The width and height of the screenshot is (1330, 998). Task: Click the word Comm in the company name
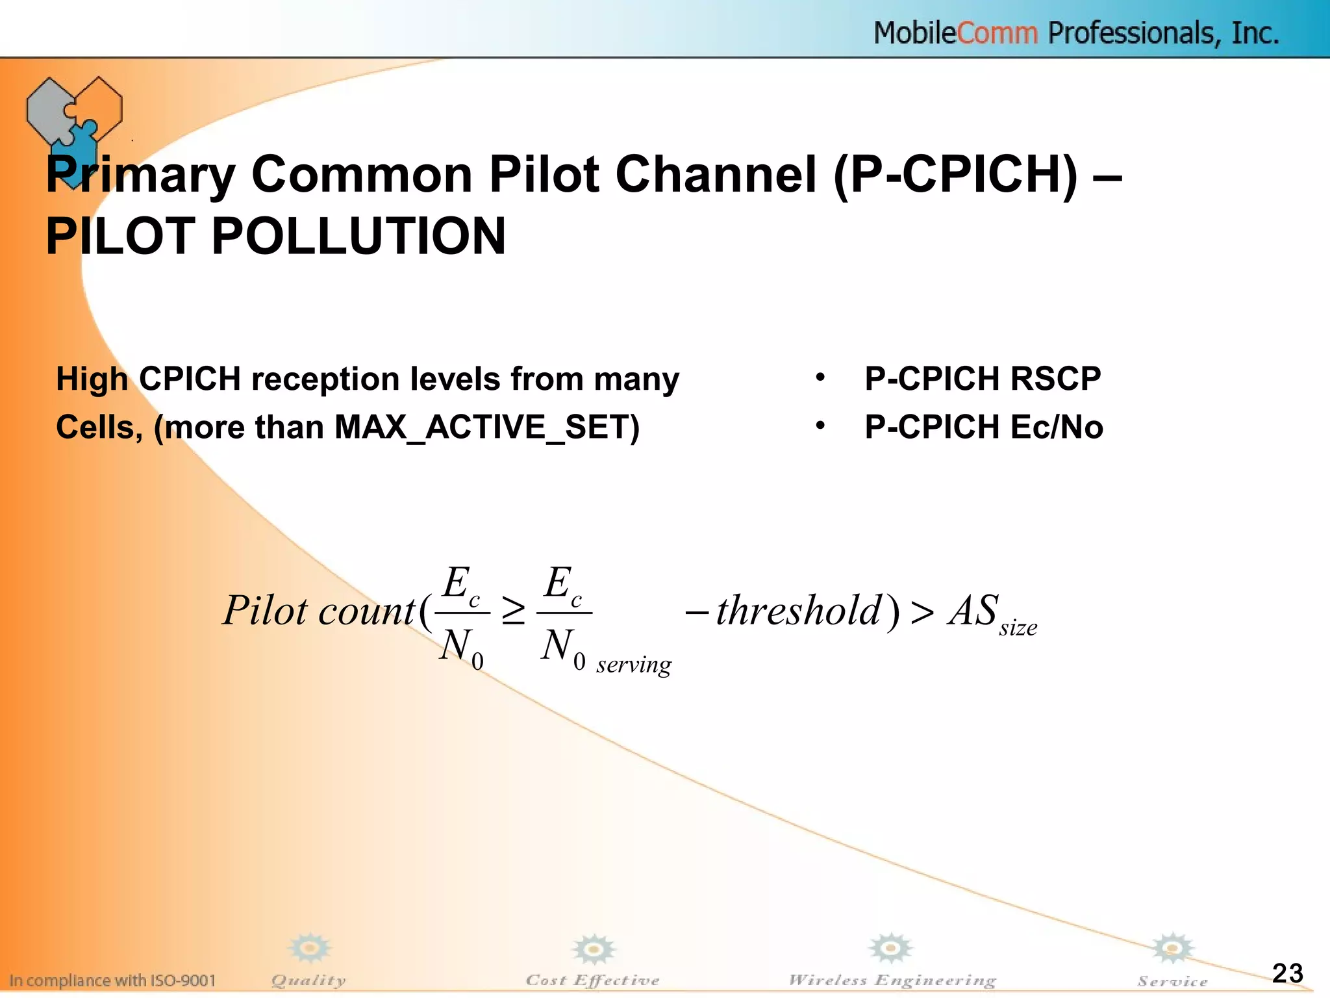(997, 33)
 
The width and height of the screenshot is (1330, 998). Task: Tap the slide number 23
(1287, 973)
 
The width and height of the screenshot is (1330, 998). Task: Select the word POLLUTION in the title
(358, 236)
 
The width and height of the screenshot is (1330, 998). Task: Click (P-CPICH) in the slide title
(955, 175)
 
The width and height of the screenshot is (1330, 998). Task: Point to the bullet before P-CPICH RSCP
(821, 377)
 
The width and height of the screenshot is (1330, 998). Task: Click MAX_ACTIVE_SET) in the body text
(487, 428)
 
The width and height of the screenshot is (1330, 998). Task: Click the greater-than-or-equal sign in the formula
(513, 612)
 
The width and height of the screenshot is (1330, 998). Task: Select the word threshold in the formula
(799, 611)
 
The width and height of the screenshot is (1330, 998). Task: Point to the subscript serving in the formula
(634, 665)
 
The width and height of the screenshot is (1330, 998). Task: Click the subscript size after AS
(1018, 628)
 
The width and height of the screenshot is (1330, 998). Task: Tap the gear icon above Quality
(310, 949)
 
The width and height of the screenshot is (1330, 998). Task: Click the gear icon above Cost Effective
(593, 950)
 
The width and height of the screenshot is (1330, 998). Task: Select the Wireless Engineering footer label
(892, 980)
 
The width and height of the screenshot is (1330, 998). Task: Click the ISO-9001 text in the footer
(184, 980)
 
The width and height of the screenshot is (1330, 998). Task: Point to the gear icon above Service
(1172, 949)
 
